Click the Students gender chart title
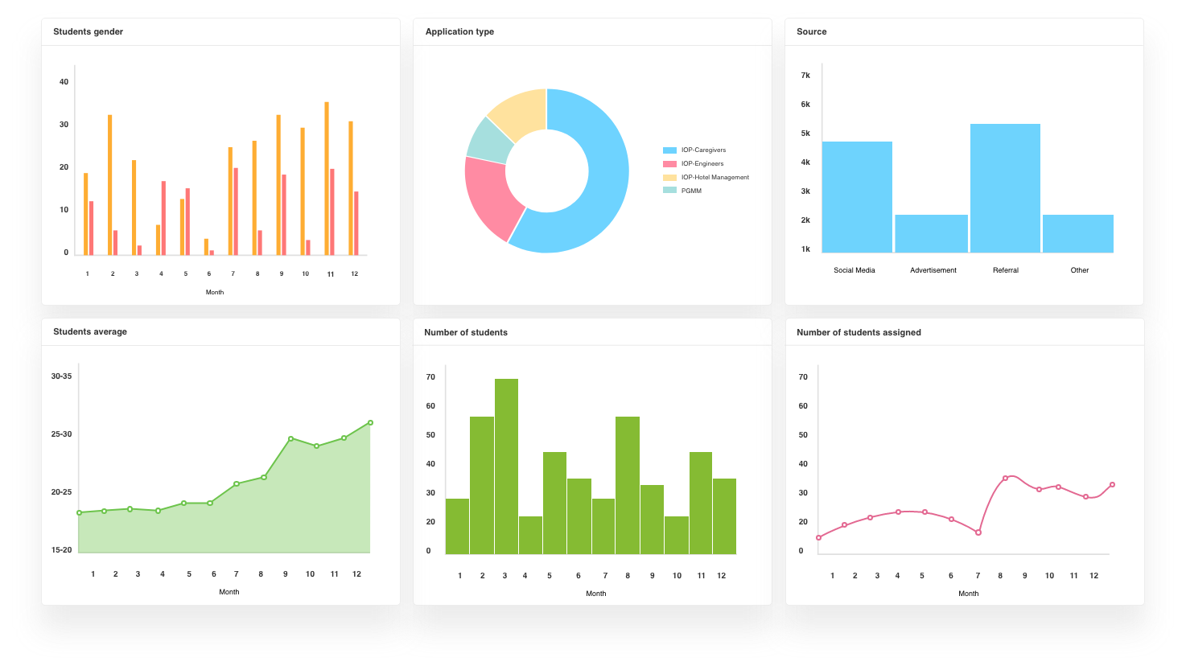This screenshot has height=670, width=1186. click(88, 32)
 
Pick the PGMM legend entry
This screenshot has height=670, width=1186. click(690, 191)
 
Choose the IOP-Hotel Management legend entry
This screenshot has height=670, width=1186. click(714, 177)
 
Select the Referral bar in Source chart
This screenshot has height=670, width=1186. click(1005, 188)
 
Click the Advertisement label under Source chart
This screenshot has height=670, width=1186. click(933, 270)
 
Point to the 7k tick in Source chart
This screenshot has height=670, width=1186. click(805, 76)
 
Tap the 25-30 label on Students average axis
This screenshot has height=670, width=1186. click(62, 434)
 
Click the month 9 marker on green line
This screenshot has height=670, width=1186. click(290, 438)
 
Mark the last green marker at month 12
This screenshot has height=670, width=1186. click(370, 422)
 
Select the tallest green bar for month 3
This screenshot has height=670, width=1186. click(506, 467)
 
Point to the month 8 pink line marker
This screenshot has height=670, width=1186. click(1005, 479)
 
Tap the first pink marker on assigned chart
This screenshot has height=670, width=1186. click(818, 537)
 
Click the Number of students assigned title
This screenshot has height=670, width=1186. click(859, 332)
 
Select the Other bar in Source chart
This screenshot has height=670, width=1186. click(1078, 233)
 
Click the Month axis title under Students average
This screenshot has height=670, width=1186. click(229, 592)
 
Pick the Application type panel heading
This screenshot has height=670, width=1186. click(459, 32)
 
